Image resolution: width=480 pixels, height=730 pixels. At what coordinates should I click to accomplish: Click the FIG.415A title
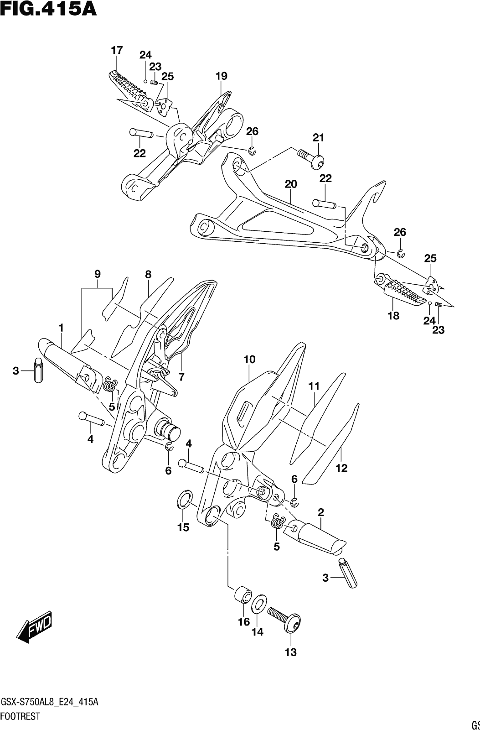[48, 9]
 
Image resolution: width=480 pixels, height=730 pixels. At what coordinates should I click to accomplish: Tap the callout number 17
[117, 50]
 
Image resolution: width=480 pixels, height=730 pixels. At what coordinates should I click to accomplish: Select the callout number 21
[319, 138]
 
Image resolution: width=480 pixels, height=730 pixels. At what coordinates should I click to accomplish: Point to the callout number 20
[291, 184]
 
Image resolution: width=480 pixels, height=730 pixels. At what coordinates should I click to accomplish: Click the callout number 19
[221, 76]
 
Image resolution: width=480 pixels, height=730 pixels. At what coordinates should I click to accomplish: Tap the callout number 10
[249, 360]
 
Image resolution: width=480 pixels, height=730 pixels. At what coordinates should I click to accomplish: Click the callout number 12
[341, 468]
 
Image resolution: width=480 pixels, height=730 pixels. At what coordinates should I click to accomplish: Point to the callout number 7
[181, 377]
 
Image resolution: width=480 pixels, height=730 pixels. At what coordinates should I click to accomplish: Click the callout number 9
[98, 274]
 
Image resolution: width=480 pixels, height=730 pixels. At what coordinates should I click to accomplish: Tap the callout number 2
[320, 512]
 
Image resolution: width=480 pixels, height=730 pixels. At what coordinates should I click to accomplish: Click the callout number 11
[314, 386]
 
